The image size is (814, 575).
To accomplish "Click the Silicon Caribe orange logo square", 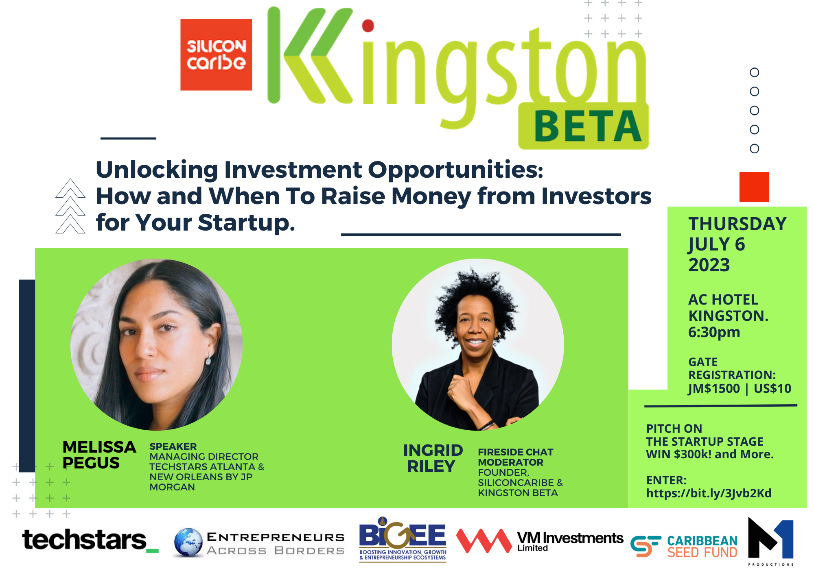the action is click(216, 54).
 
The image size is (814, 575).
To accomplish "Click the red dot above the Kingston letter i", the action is click(368, 26).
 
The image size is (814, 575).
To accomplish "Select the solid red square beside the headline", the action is click(754, 187).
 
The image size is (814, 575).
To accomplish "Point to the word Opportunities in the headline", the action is click(455, 170).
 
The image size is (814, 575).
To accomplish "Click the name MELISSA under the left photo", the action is click(99, 447).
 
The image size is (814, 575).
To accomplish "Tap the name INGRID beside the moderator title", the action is click(433, 450).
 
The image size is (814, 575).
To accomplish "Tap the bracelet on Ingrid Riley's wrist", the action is click(487, 425).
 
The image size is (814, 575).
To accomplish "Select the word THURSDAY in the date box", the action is click(737, 224).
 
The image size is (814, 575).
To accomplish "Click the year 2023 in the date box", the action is click(709, 265).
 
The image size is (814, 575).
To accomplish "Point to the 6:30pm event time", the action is click(714, 332).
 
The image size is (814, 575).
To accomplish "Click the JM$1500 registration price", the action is click(714, 388).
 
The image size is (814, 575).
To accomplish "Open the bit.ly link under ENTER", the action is click(709, 493).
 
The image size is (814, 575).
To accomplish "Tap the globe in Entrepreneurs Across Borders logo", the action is click(188, 542).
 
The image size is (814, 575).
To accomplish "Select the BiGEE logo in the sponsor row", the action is click(403, 539).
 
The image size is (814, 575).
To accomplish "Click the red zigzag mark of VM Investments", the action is click(484, 540).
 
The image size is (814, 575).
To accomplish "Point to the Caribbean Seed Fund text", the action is click(702, 547).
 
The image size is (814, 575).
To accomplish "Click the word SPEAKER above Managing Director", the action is click(173, 446).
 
